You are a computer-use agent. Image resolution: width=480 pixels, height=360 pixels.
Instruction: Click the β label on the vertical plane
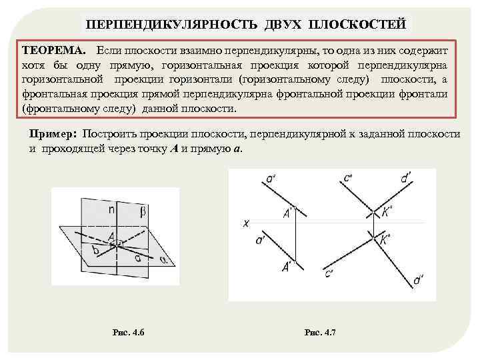(142, 212)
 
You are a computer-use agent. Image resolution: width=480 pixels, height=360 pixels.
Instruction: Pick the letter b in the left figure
(97, 250)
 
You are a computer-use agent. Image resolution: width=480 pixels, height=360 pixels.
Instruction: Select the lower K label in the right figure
(385, 241)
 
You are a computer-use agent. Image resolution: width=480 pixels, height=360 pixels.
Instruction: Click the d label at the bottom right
(418, 281)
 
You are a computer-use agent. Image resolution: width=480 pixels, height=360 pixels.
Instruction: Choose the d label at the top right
(405, 179)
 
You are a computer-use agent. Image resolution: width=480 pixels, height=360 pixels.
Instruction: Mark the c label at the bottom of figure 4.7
(329, 273)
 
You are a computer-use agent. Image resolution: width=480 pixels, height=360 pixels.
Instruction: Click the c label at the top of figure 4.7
(348, 179)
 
